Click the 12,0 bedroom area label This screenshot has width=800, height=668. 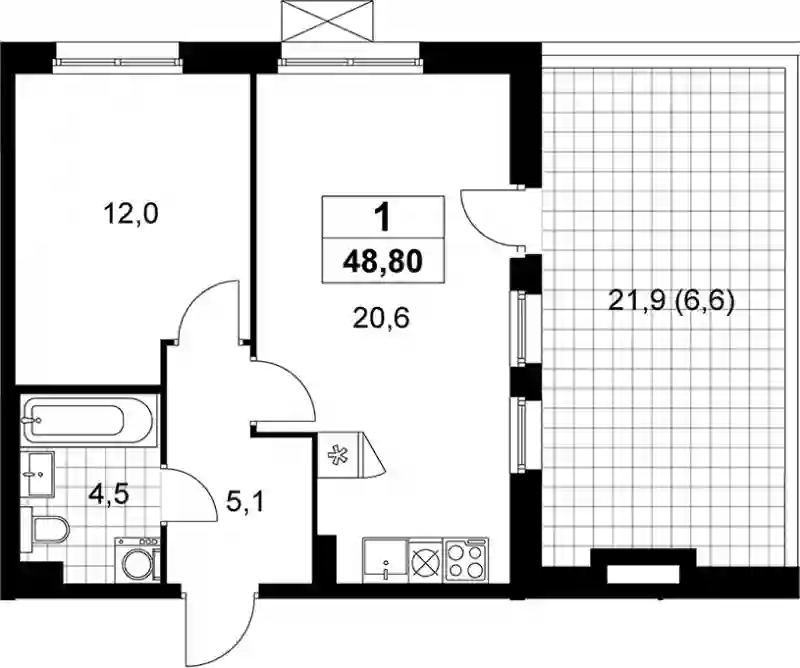click(131, 214)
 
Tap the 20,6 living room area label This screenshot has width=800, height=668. click(381, 319)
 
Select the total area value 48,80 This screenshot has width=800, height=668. click(383, 261)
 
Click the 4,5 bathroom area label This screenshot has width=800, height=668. click(108, 494)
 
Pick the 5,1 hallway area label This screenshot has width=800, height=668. click(245, 504)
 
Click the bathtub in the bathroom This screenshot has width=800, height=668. click(87, 421)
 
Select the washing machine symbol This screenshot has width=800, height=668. click(137, 559)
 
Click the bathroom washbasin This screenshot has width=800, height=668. click(37, 474)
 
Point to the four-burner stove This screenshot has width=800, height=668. click(466, 559)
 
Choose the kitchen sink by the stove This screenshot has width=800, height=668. click(385, 560)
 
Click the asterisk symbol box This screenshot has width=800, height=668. click(337, 454)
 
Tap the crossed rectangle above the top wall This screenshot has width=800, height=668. click(332, 20)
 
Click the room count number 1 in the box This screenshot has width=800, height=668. click(382, 217)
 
